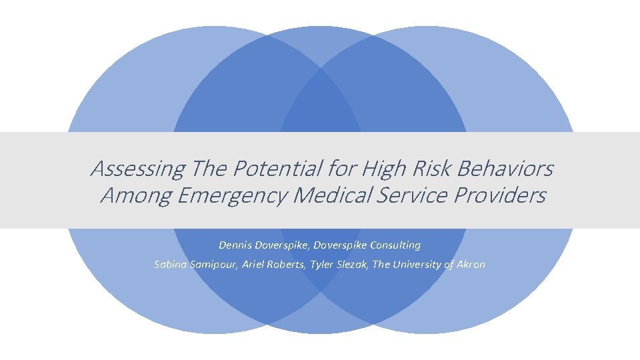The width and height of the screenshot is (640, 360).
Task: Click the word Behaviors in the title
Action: (506, 169)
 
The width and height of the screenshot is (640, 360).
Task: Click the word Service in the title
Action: (411, 195)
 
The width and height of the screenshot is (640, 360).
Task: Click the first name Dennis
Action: (234, 245)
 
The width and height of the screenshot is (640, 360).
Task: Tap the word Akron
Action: (470, 265)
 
